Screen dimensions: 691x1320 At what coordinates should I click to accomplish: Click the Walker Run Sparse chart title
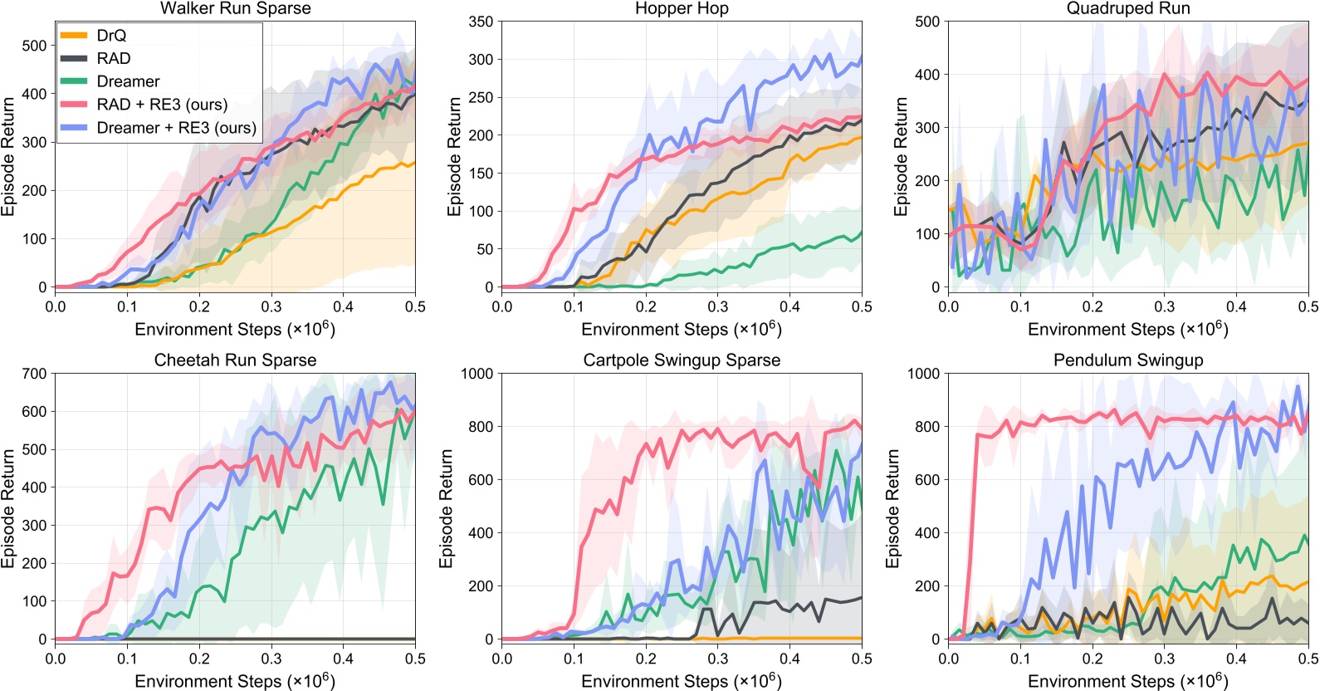[x=235, y=8]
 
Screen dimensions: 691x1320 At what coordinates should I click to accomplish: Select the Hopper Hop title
[x=682, y=8]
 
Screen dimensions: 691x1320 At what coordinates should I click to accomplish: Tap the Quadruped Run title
[x=1128, y=8]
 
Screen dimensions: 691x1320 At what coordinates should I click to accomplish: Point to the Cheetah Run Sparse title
[x=235, y=360]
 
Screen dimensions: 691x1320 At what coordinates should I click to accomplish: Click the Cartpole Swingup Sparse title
[x=682, y=360]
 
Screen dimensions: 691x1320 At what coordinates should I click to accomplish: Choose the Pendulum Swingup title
[x=1128, y=360]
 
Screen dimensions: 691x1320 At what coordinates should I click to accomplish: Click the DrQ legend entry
[x=111, y=36]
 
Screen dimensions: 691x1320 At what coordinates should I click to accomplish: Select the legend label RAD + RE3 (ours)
[x=162, y=105]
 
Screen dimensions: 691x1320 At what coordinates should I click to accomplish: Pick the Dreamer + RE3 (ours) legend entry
[x=176, y=128]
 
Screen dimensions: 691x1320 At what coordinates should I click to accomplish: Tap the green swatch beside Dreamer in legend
[x=74, y=81]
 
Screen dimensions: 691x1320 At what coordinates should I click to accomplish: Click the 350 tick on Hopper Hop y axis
[x=481, y=22]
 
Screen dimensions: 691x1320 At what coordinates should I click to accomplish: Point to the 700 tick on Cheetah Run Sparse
[x=34, y=374]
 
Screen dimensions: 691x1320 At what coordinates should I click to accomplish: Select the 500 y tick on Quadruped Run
[x=927, y=22]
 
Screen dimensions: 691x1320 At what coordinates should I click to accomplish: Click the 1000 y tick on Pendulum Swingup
[x=923, y=374]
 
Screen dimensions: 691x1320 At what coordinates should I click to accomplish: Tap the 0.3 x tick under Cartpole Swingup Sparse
[x=718, y=659]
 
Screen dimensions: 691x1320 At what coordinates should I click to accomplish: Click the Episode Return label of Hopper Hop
[x=454, y=156]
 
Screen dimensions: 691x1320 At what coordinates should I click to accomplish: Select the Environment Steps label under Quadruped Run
[x=1127, y=329]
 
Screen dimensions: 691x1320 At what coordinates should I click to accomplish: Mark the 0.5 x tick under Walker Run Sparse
[x=415, y=307]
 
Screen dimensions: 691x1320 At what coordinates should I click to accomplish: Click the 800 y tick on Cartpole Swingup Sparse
[x=481, y=427]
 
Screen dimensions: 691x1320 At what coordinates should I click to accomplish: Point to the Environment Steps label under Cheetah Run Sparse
[x=235, y=681]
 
